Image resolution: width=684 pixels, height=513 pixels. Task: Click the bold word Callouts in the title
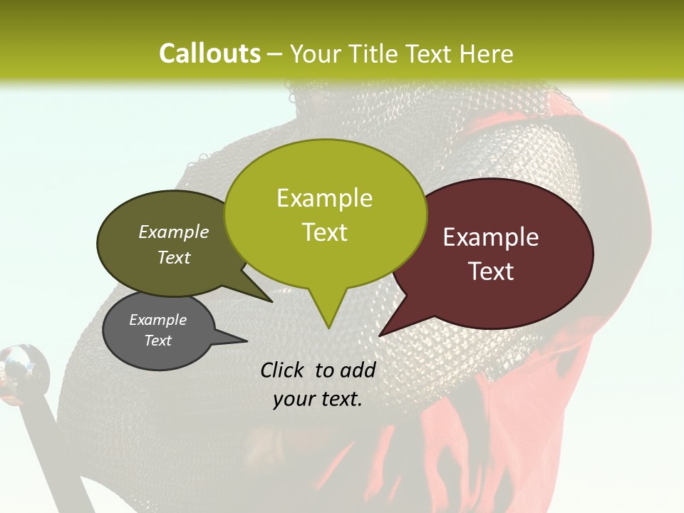(x=209, y=53)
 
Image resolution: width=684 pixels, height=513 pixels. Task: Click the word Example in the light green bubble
(x=324, y=198)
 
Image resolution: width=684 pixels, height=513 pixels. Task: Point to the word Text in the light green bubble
(x=324, y=232)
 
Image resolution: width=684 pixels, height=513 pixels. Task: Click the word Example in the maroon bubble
(x=491, y=237)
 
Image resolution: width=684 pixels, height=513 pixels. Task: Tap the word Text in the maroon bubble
(x=491, y=271)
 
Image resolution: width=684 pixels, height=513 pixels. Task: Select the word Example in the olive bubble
(x=174, y=232)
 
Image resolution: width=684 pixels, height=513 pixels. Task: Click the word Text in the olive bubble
(x=174, y=257)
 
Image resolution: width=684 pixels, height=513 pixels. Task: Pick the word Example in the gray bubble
(x=157, y=320)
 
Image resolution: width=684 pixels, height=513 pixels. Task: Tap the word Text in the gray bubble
(x=157, y=341)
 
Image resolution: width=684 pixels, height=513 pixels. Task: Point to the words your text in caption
(x=318, y=399)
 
